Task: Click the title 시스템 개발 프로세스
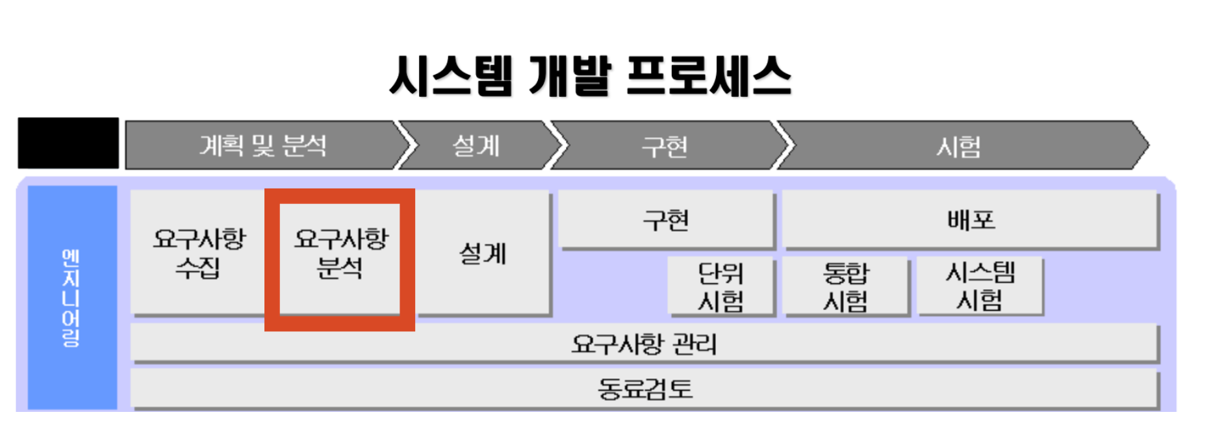coord(590,76)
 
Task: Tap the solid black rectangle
coord(68,143)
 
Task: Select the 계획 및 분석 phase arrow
coord(263,145)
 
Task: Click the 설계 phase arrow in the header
coord(476,145)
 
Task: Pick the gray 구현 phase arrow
coord(665,146)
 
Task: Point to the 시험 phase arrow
coord(958,146)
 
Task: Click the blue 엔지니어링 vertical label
coord(71,298)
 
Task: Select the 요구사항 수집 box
coord(199,253)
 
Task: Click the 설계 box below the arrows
coord(483,253)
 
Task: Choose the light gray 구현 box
coord(667,220)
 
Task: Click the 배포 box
coord(971,220)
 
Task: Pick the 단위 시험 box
coord(721,287)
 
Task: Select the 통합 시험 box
coord(845,287)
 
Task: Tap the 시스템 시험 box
coord(980,287)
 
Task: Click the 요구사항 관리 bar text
coord(644,343)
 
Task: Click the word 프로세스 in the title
coord(709,76)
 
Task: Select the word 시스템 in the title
coord(451,76)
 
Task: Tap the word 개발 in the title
coord(570,76)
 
